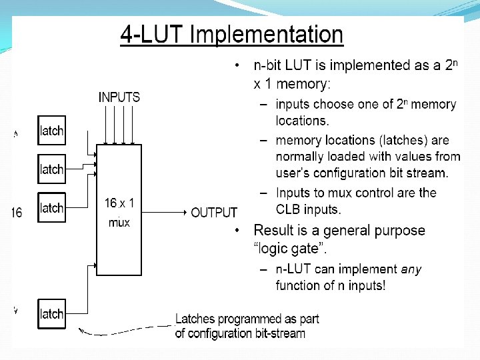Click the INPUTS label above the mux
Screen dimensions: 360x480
point(119,97)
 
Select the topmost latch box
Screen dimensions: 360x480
point(51,131)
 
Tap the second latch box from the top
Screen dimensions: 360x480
point(51,169)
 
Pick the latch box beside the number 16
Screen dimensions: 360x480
point(51,208)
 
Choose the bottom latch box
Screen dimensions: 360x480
point(51,313)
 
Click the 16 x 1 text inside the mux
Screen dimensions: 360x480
point(120,203)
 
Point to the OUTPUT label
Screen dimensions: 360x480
point(214,213)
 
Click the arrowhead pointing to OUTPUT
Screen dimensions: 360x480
point(185,212)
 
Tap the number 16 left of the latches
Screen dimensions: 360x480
point(16,213)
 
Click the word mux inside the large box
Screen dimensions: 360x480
point(119,222)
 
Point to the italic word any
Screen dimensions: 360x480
point(411,269)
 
